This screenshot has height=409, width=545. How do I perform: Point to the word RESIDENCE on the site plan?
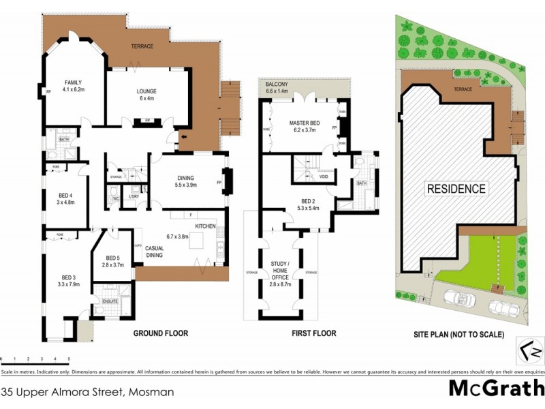(x=456, y=189)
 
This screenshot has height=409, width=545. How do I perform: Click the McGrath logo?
(x=495, y=388)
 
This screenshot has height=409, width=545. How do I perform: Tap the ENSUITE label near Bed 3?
(x=110, y=301)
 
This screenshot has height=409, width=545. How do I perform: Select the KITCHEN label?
(x=206, y=226)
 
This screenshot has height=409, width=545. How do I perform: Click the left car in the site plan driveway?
(x=458, y=299)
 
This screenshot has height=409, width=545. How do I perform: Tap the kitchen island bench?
(x=198, y=241)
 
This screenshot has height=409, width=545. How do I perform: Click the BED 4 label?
(x=65, y=198)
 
